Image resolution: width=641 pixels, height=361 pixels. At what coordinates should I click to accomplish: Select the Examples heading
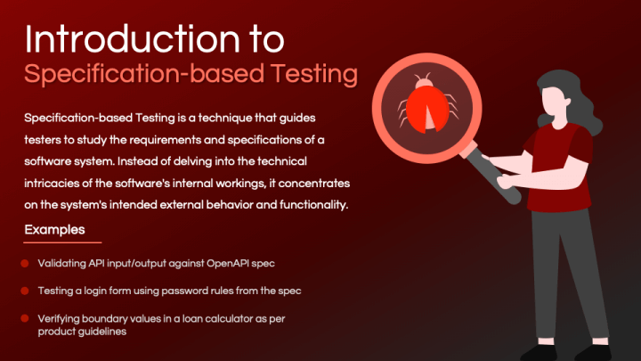[54, 230]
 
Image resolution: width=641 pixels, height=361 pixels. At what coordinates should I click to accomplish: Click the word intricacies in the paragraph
[55, 183]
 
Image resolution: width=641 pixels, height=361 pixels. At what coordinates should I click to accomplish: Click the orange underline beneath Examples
[62, 242]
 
